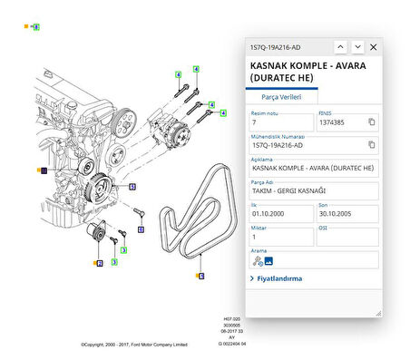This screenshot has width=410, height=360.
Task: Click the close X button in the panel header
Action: pyautogui.click(x=373, y=46)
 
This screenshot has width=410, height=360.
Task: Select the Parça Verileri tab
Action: pyautogui.click(x=281, y=95)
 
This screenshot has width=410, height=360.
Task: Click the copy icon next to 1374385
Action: pyautogui.click(x=371, y=122)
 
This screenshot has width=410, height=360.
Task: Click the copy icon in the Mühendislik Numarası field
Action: pyautogui.click(x=371, y=144)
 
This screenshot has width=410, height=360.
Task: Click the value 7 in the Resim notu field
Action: pyautogui.click(x=255, y=122)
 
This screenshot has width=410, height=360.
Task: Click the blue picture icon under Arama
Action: pyautogui.click(x=268, y=260)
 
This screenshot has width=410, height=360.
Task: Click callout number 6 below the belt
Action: pyautogui.click(x=200, y=275)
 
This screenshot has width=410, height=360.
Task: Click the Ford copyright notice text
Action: pyautogui.click(x=133, y=345)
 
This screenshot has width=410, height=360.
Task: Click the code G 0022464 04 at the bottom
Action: pyautogui.click(x=232, y=345)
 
